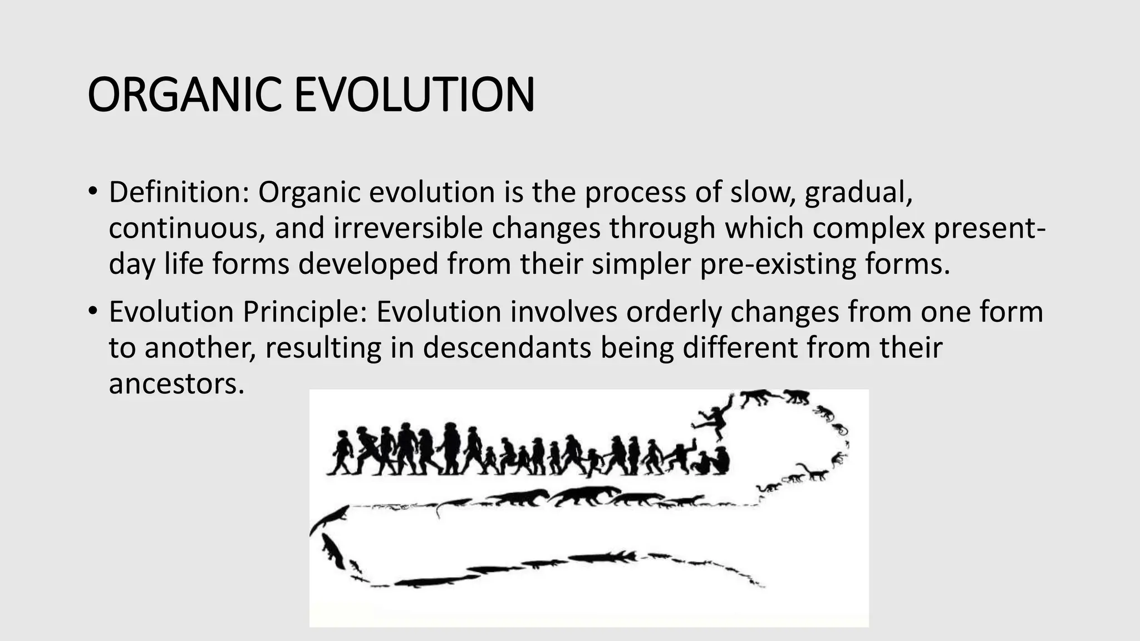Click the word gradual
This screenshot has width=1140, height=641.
click(x=858, y=193)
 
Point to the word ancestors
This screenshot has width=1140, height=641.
click(x=176, y=384)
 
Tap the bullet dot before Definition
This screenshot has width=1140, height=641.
click(x=92, y=192)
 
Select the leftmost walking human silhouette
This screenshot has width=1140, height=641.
click(x=341, y=452)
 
